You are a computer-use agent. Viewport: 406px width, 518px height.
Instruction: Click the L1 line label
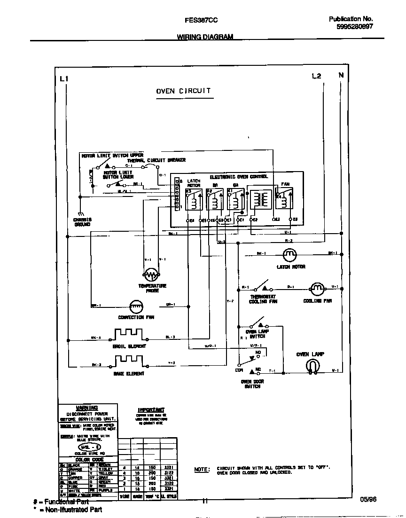pos(64,78)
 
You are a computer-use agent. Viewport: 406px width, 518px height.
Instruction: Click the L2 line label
pos(316,76)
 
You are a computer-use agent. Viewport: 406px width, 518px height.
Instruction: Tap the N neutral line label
pos(341,75)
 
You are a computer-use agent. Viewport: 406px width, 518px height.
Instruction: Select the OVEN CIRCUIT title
pos(183,91)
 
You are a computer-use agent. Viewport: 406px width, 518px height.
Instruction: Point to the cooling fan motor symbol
pos(317,288)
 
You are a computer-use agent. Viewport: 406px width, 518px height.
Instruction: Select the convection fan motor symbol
pos(136,306)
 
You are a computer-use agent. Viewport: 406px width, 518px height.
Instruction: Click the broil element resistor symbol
pos(127,335)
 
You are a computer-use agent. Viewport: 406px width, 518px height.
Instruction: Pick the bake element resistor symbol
pos(127,362)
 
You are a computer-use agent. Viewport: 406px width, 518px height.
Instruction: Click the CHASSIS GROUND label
pos(82,222)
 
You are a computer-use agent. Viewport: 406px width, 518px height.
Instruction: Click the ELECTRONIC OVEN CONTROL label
pos(238,177)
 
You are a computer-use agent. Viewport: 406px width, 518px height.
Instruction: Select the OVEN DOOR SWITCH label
pos(252,384)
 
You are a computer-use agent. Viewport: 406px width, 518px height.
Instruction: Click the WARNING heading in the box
pos(87,408)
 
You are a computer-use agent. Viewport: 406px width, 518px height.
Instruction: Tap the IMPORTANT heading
pos(151,410)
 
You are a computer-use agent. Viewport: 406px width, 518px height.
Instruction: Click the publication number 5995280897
pos(355,27)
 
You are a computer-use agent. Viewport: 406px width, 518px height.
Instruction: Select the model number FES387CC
pos(201,20)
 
